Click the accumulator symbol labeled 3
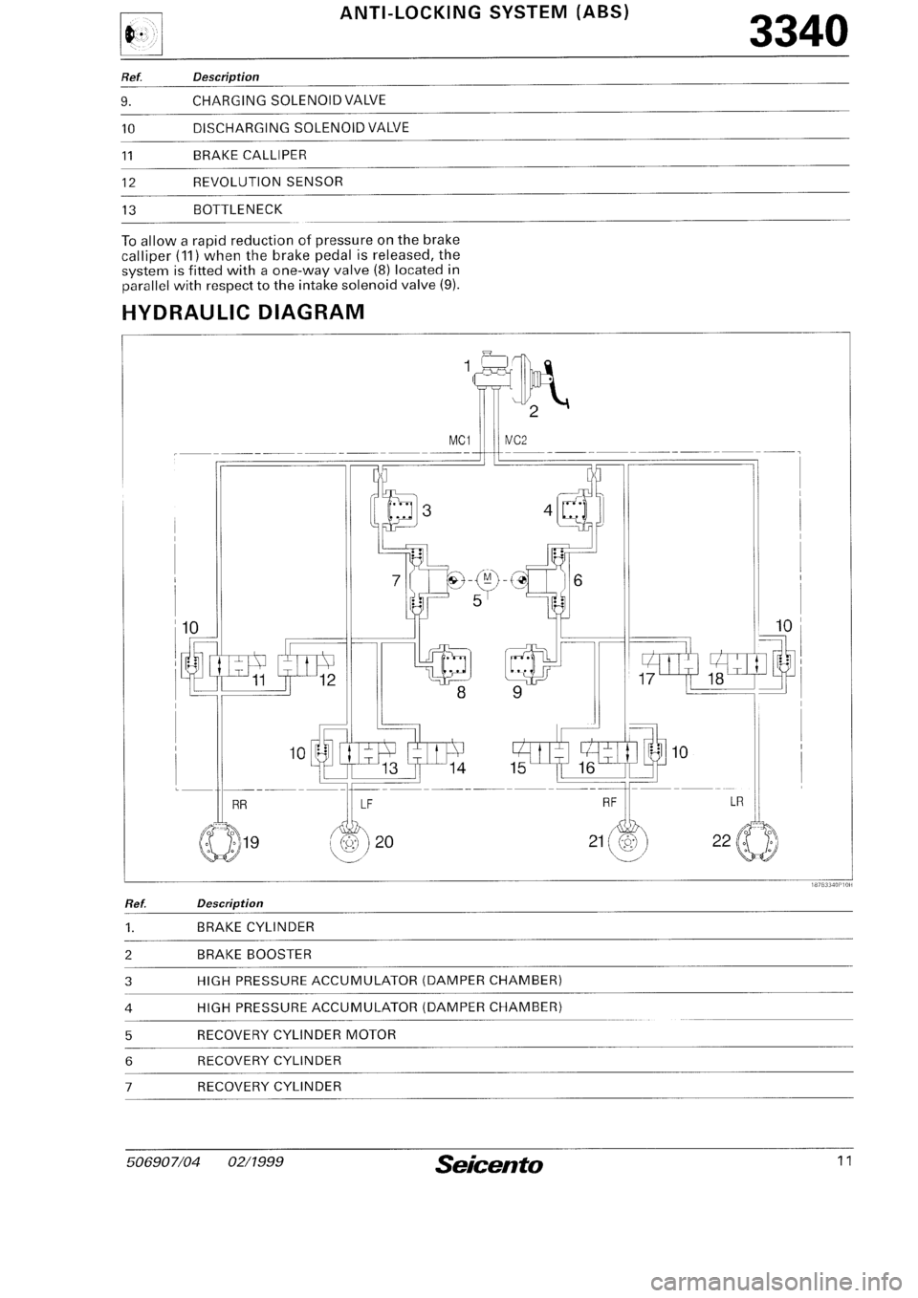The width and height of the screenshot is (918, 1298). pos(393,511)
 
